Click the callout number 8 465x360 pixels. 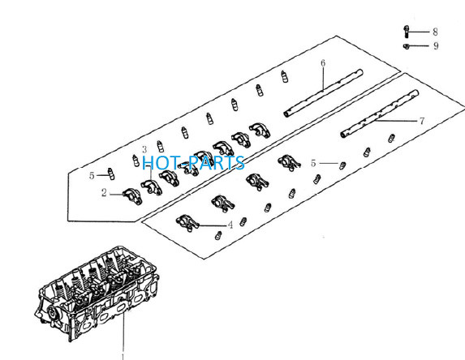coord(435,32)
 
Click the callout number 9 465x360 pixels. coord(436,46)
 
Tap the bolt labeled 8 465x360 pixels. coord(407,32)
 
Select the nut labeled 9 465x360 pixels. coord(407,46)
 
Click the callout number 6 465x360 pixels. coord(323,62)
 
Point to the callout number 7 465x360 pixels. coord(422,121)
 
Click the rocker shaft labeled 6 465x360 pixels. coord(323,92)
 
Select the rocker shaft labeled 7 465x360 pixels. coord(380,114)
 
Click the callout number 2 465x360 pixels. coord(104,193)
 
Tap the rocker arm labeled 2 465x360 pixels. coord(132,196)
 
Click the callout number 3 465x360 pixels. coord(144,150)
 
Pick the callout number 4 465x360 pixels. coord(230,225)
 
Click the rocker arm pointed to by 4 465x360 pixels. coord(187,223)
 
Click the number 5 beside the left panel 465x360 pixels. coord(92,176)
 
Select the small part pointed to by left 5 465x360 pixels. coord(110,174)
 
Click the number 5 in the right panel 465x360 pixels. coord(313,163)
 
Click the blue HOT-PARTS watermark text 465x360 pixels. coord(193,162)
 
